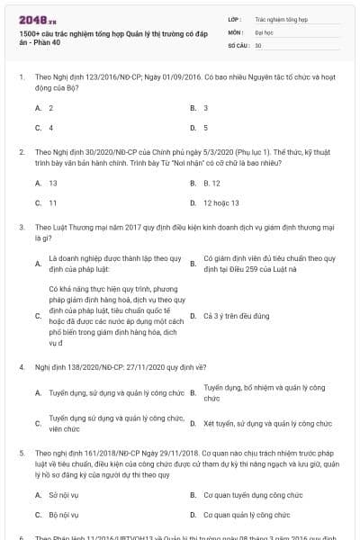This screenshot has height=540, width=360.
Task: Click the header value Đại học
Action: (x=265, y=31)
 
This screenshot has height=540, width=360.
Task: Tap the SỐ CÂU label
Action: (x=238, y=44)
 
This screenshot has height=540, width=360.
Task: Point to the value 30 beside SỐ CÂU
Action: (x=258, y=44)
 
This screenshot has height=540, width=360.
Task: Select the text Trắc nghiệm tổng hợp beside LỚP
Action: (x=281, y=18)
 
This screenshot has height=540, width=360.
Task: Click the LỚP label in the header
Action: (x=235, y=18)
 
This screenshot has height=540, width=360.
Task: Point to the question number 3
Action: (x=22, y=228)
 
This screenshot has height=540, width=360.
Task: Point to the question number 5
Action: (x=22, y=444)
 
